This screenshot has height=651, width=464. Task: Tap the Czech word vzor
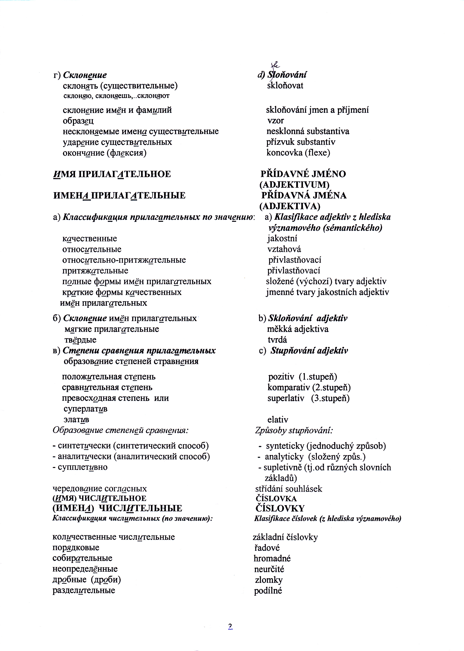[x=275, y=121]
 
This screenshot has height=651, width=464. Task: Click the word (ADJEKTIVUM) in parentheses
[x=294, y=185]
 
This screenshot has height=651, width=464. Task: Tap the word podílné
[x=268, y=591]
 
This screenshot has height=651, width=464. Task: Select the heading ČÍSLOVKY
[x=280, y=508]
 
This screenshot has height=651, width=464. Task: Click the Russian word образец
[x=78, y=121]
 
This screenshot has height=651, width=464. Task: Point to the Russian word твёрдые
[x=80, y=340]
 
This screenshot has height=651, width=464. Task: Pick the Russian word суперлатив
[x=85, y=409]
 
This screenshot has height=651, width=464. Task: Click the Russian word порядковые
[x=76, y=547]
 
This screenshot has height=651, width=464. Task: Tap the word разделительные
[x=84, y=590]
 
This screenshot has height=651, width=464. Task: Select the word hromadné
[x=272, y=558]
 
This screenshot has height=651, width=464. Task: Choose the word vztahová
[x=284, y=249]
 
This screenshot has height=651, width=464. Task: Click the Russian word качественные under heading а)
[x=89, y=239]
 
